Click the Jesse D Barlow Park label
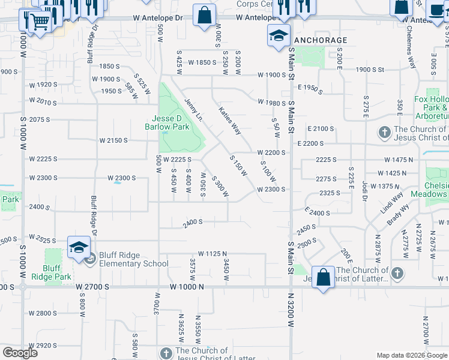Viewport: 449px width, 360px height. [x=167, y=122]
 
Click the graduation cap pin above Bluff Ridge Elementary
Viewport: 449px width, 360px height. [x=79, y=247]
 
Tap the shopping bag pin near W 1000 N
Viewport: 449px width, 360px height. [x=323, y=278]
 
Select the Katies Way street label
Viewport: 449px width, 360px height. [x=229, y=121]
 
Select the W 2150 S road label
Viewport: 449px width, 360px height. [x=113, y=140]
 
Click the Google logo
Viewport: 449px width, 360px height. [x=19, y=353]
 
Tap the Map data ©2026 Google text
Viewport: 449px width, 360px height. [x=411, y=355]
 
